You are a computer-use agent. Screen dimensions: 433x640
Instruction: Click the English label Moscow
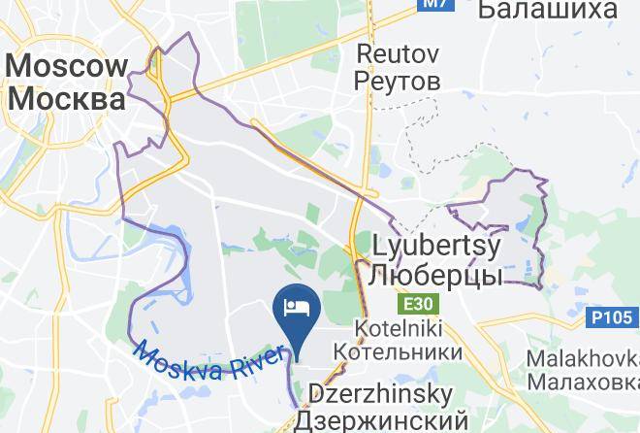pos(67,67)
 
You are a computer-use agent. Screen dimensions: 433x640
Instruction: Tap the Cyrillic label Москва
pos(67,99)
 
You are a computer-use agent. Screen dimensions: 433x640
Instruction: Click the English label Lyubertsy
pos(435,246)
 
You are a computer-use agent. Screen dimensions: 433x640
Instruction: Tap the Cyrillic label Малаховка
pos(583,382)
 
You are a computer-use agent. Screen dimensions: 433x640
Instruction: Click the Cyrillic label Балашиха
pos(548,10)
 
